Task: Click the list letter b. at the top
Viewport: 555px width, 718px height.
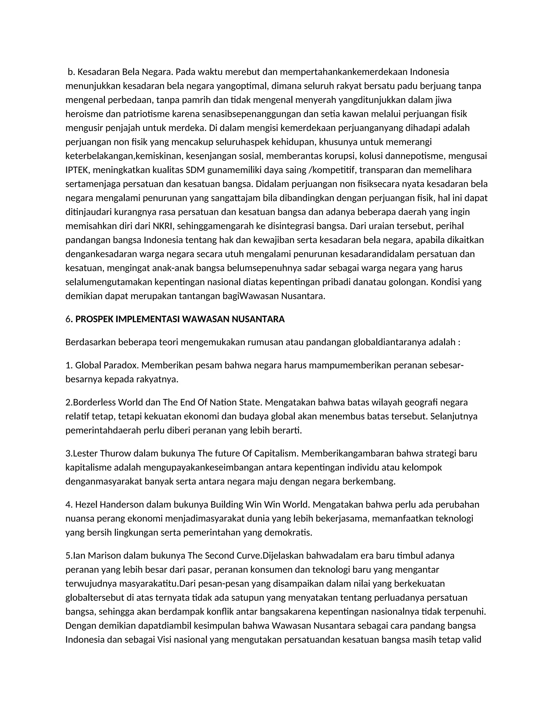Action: (71, 72)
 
